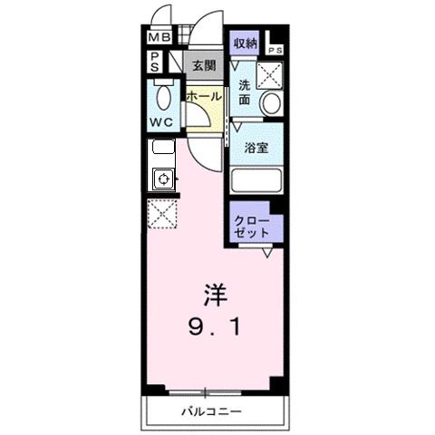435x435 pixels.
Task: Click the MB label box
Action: pyautogui.click(x=159, y=38)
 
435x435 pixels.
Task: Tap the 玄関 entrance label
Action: pyautogui.click(x=204, y=65)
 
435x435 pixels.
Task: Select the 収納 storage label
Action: pyautogui.click(x=245, y=43)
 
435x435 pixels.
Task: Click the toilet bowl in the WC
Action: pyautogui.click(x=164, y=95)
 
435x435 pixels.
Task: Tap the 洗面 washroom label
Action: pyautogui.click(x=245, y=92)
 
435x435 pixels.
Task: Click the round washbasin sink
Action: pyautogui.click(x=270, y=104)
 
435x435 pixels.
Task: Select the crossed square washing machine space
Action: pyautogui.click(x=270, y=74)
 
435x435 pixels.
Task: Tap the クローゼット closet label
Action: pyautogui.click(x=253, y=227)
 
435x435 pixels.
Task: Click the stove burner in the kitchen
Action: pyautogui.click(x=164, y=179)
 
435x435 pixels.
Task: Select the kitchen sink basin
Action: pyautogui.click(x=163, y=148)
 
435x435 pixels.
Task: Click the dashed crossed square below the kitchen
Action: pyautogui.click(x=162, y=214)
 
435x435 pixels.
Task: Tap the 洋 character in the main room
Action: pyautogui.click(x=214, y=295)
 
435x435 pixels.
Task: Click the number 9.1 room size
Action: pyautogui.click(x=214, y=326)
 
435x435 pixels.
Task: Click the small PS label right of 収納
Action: pyautogui.click(x=275, y=50)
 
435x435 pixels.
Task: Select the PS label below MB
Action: pyautogui.click(x=156, y=62)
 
